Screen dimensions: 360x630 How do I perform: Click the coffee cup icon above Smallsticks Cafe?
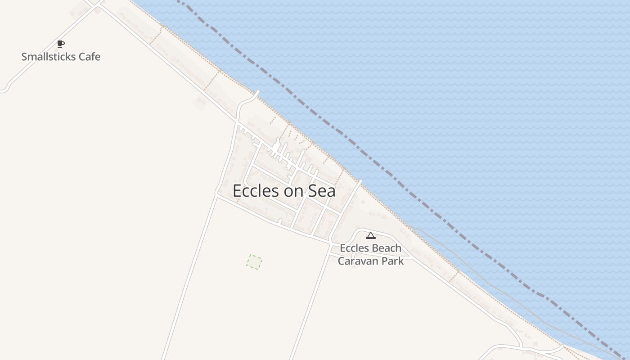pyautogui.click(x=61, y=44)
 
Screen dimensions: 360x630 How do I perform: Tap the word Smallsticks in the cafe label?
pyautogui.click(x=49, y=57)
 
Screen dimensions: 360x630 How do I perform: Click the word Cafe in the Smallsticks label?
pyautogui.click(x=89, y=57)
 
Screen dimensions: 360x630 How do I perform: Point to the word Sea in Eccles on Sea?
pyautogui.click(x=322, y=191)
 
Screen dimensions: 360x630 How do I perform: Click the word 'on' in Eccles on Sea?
pyautogui.click(x=294, y=191)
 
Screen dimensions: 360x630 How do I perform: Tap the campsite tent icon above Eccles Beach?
pyautogui.click(x=370, y=235)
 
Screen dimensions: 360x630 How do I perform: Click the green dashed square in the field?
pyautogui.click(x=254, y=261)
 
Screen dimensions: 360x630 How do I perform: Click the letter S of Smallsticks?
pyautogui.click(x=24, y=57)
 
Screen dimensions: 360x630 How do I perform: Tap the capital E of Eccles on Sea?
pyautogui.click(x=237, y=191)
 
